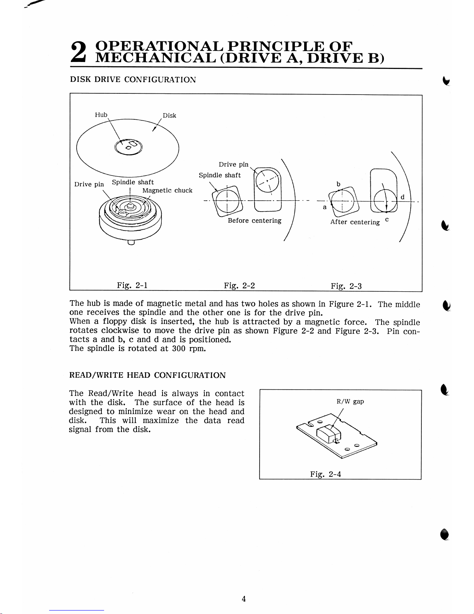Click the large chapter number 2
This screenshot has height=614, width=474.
coord(78,52)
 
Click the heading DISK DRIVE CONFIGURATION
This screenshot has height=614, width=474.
coord(133,80)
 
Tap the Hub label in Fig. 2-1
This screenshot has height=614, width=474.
coord(101,115)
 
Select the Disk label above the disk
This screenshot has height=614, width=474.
coord(169,115)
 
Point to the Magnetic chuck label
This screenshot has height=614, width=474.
coord(167,191)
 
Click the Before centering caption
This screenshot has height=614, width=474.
coord(255,221)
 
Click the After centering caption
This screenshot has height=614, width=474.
coord(355,222)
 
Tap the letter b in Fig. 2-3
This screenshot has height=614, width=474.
coord(338,184)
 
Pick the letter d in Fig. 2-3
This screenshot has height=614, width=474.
coord(402,197)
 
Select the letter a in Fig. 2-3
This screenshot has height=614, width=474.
coord(325,207)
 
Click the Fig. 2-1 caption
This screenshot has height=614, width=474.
coord(132,285)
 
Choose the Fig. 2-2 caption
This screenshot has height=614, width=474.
coord(239,286)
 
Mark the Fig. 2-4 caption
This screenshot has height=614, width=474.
coord(325,474)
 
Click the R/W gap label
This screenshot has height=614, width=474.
coord(350,401)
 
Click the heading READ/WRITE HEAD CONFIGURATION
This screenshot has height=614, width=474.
coord(147,375)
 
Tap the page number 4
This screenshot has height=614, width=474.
coord(244,599)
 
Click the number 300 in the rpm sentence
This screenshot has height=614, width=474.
coord(179,348)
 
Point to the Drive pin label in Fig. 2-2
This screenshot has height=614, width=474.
coord(233,165)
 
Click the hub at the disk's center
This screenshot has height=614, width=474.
coord(128,147)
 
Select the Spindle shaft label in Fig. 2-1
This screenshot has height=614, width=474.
coord(133,182)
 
